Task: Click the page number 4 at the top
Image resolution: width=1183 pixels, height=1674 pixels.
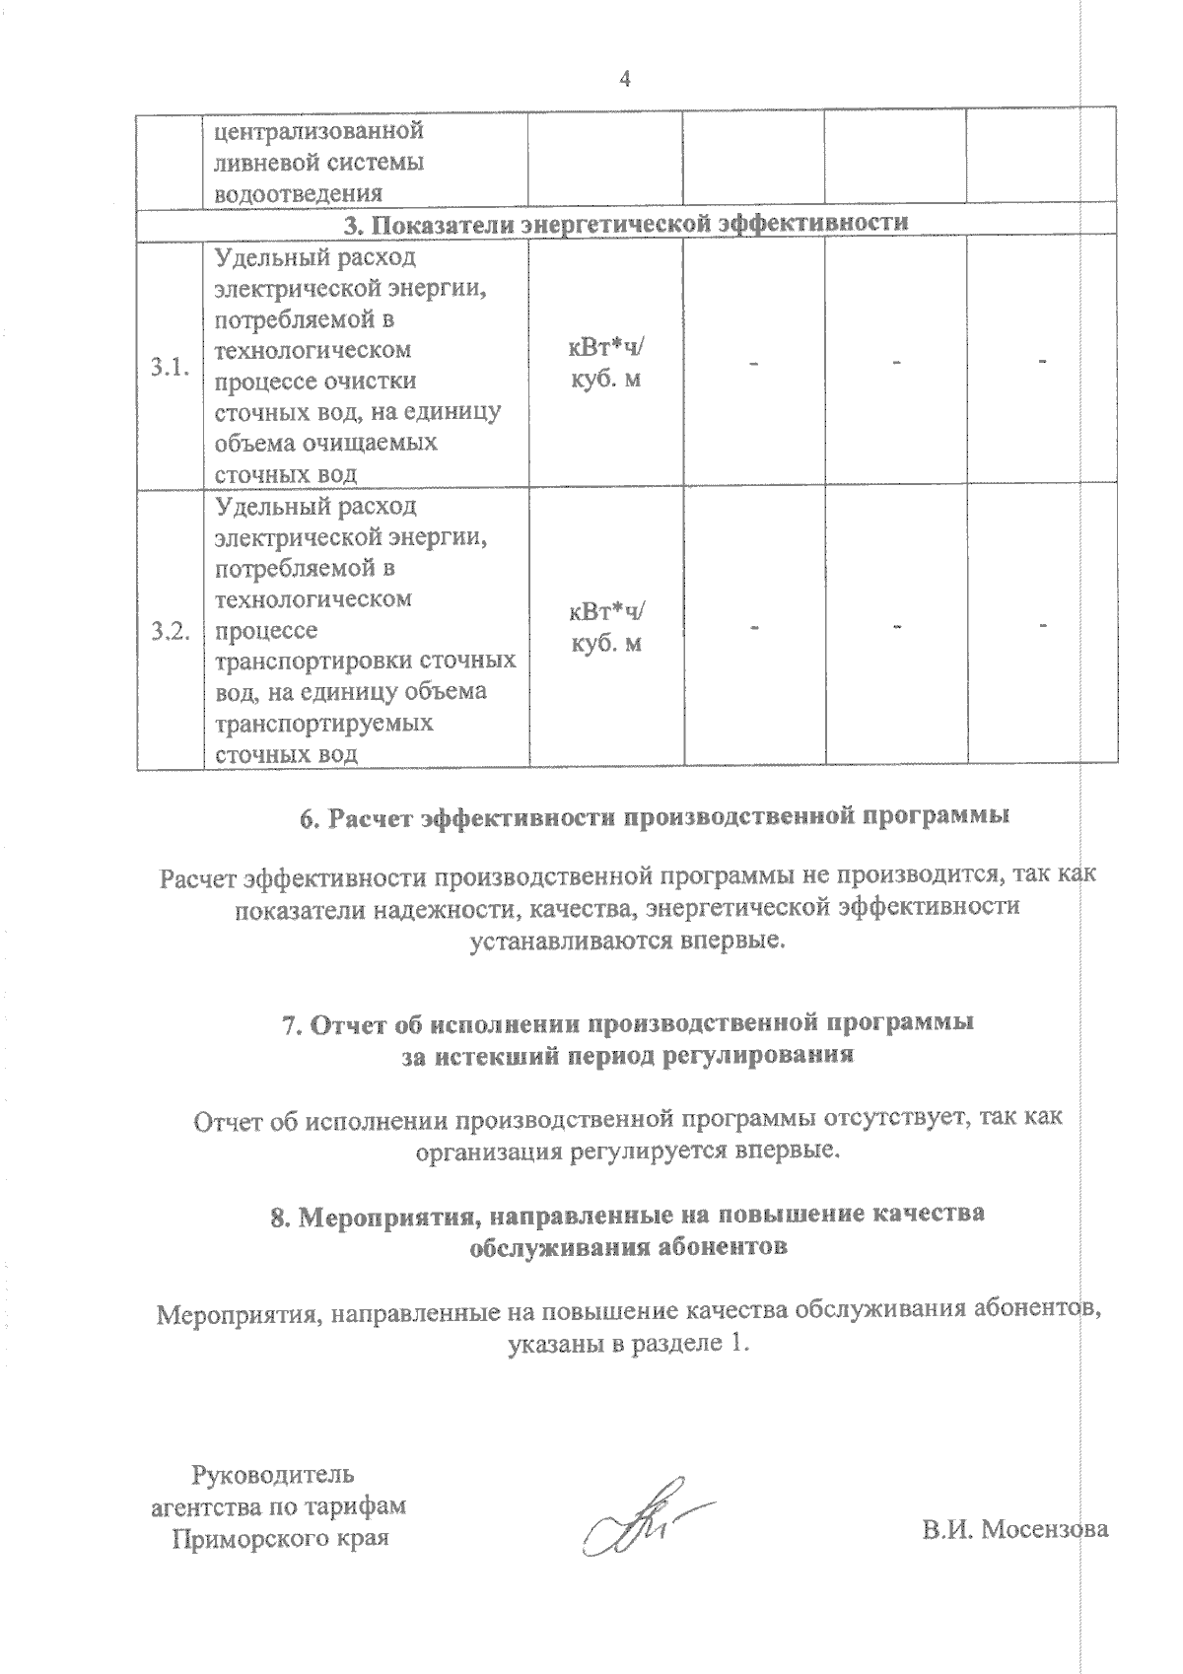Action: point(622,80)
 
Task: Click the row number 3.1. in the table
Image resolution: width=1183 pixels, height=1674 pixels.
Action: point(170,369)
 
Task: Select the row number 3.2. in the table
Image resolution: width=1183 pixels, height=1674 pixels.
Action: point(170,632)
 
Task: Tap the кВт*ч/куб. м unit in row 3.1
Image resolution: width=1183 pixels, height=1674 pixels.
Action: point(606,362)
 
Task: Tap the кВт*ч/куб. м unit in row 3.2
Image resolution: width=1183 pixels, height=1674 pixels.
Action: point(606,627)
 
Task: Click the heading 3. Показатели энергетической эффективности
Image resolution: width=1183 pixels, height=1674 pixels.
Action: point(625,223)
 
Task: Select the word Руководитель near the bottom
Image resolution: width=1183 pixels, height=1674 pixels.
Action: point(272,1475)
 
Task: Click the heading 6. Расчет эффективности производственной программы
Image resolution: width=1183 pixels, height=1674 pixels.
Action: point(655,818)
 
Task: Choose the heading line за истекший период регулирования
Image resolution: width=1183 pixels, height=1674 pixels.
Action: point(628,1056)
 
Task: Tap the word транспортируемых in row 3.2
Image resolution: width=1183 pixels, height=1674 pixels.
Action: point(323,723)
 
